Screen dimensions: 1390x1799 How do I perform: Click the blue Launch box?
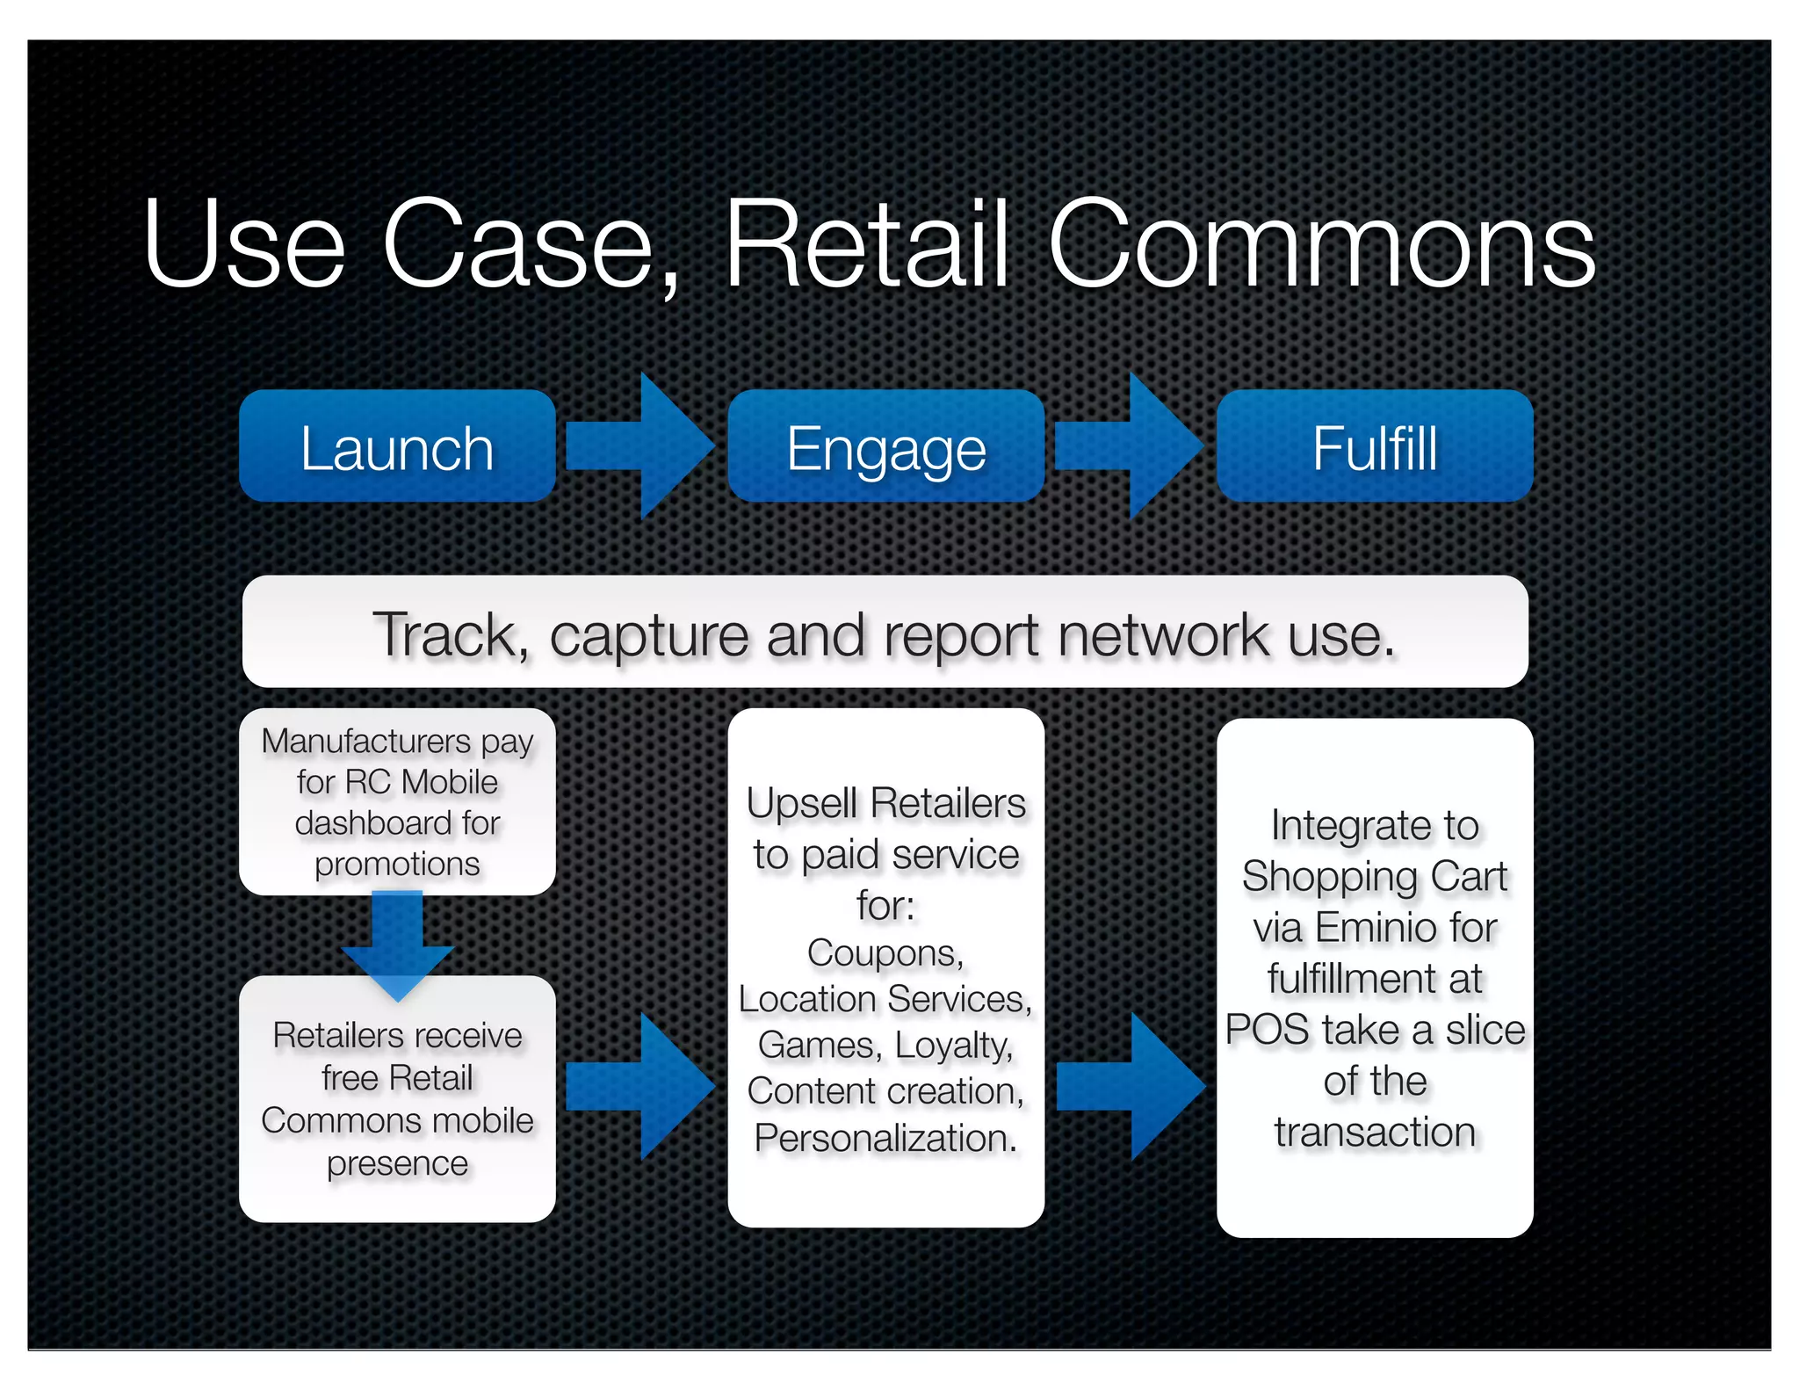397,446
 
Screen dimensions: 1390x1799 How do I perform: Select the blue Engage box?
885,446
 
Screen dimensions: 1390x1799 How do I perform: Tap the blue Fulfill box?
1375,446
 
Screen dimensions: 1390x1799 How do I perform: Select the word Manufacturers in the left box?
366,741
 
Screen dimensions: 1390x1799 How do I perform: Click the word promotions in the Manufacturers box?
397,865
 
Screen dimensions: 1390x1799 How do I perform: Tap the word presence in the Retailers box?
397,1164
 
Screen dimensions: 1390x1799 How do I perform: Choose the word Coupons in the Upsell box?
885,953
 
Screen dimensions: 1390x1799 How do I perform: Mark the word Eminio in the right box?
1376,928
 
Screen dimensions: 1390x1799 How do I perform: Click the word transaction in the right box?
1375,1132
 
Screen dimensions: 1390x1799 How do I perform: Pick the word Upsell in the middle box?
801,803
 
